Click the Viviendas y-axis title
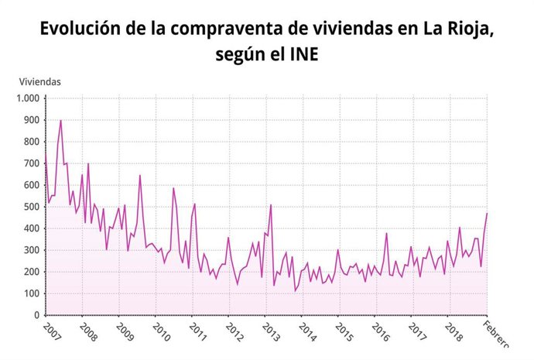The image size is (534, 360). [39, 81]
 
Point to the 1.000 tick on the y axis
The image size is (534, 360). [27, 98]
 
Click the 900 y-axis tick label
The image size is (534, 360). [30, 120]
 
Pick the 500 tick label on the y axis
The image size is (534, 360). [30, 207]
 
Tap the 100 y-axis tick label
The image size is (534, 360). [30, 293]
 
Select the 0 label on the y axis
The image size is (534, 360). [36, 315]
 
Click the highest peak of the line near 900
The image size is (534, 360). [60, 120]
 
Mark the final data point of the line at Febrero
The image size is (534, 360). [487, 213]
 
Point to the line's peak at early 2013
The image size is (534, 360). [271, 204]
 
